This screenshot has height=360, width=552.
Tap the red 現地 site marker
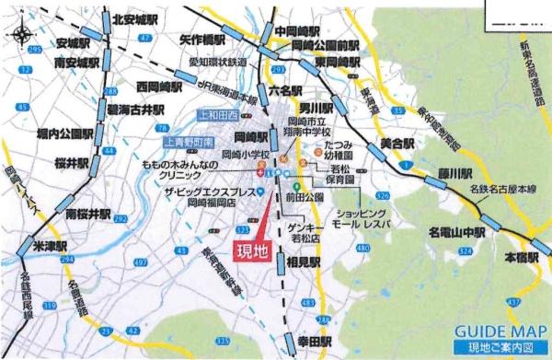click(x=255, y=251)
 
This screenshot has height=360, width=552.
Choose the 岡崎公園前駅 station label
click(x=325, y=44)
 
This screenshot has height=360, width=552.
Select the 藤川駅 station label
click(x=454, y=173)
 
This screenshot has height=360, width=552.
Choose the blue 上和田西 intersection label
click(x=218, y=115)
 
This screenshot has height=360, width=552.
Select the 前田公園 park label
click(x=305, y=195)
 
